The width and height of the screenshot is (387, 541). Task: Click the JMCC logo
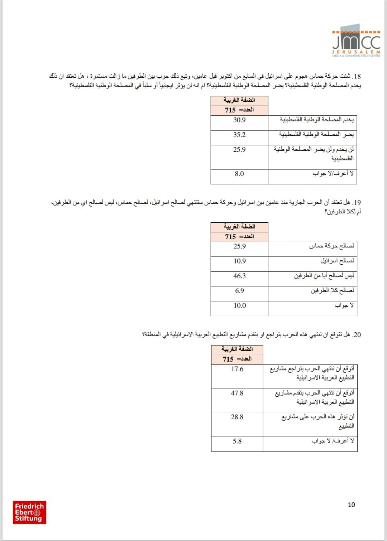click(356, 41)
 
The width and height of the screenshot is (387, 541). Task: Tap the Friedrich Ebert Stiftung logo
click(29, 512)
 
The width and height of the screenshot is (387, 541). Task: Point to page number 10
click(351, 504)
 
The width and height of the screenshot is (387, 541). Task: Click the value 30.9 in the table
click(239, 120)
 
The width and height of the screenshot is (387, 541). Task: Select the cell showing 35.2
click(239, 135)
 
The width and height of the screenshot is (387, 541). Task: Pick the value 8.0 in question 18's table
click(239, 174)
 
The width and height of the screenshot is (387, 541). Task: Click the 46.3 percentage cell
click(239, 276)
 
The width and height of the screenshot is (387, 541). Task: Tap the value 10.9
click(239, 261)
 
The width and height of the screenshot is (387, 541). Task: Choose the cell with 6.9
click(239, 291)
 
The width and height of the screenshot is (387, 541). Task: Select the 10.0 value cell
click(239, 305)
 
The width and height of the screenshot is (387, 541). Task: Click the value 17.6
click(237, 369)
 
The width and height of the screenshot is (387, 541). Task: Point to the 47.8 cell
click(237, 393)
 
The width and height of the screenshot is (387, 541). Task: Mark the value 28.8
click(237, 417)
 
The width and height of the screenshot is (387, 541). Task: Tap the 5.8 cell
click(237, 441)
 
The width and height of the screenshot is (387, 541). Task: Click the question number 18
click(357, 76)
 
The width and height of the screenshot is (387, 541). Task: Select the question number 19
click(357, 203)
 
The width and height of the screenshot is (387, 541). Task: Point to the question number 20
click(357, 335)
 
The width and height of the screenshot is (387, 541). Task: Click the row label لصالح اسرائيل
click(337, 261)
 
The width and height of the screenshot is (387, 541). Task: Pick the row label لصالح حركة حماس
click(331, 246)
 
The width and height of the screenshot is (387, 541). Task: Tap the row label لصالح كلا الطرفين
click(332, 290)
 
